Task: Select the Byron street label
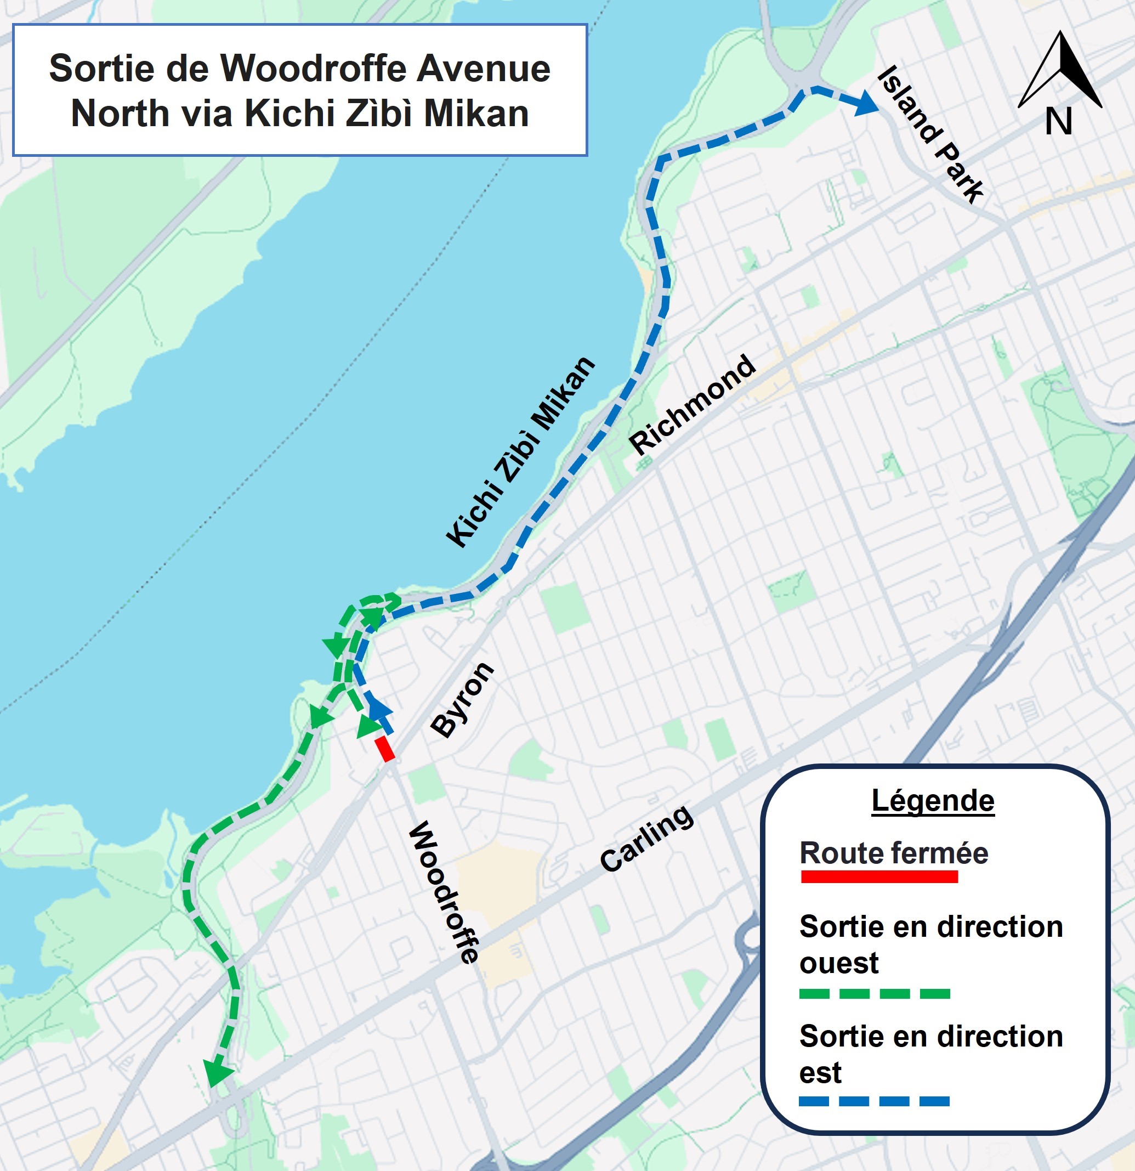[x=462, y=700]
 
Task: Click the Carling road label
[x=647, y=838]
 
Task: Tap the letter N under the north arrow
[x=1059, y=121]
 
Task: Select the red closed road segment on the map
[x=385, y=749]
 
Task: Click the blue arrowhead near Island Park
[x=866, y=103]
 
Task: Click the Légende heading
[x=933, y=801]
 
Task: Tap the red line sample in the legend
[x=879, y=876]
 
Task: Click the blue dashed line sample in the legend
[x=874, y=1100]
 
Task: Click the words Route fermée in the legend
[x=894, y=852]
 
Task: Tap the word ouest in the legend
[x=839, y=963]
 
